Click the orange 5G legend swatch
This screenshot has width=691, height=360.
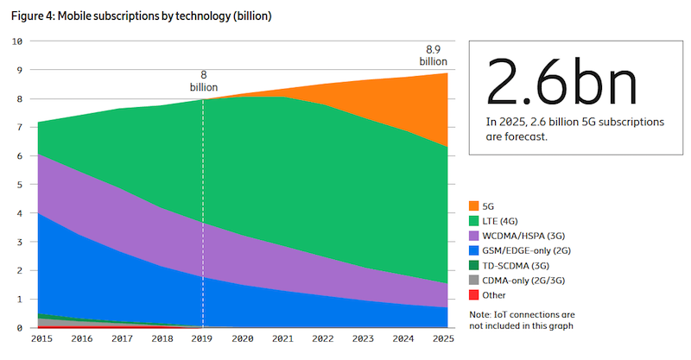(x=472, y=205)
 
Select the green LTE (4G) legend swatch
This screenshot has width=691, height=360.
(x=472, y=220)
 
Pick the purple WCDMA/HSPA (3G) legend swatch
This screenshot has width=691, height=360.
(x=472, y=235)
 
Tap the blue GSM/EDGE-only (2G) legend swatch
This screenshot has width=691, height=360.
(x=472, y=249)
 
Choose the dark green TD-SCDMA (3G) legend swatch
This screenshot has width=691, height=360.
(x=472, y=264)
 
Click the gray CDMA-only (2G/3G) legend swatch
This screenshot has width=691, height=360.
(x=472, y=280)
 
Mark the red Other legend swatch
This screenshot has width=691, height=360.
(x=472, y=294)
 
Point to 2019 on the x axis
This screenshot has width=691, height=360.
(x=202, y=340)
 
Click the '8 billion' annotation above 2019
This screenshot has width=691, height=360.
(x=204, y=81)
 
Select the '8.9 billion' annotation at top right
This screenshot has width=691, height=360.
(x=434, y=55)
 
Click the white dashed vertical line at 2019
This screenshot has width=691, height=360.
(x=203, y=216)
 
